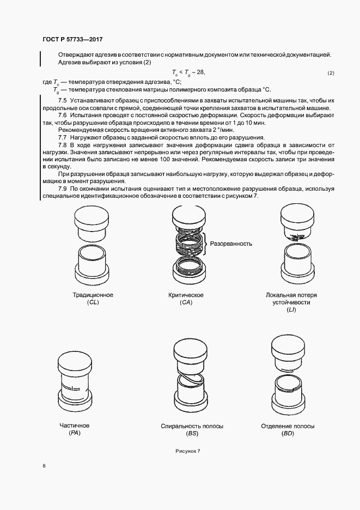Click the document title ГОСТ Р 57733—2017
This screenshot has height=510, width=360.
click(72, 39)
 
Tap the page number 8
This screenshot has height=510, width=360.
click(44, 466)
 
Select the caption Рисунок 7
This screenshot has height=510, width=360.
click(188, 451)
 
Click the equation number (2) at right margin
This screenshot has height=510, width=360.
click(331, 73)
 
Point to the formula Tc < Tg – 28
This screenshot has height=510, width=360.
click(188, 72)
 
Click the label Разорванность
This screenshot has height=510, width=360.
click(231, 244)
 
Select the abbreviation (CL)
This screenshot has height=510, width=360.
click(93, 302)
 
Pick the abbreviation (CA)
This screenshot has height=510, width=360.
click(186, 302)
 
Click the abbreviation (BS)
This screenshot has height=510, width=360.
click(192, 433)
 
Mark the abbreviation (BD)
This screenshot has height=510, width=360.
click(288, 433)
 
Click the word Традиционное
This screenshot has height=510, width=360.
click(93, 295)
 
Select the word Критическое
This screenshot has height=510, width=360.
click(186, 295)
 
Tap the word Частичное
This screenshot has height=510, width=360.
click(74, 425)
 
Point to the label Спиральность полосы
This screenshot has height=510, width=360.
click(192, 426)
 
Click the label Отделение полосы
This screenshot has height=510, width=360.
click(288, 426)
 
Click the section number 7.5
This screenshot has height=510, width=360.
click(62, 101)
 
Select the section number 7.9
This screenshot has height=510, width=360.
click(62, 188)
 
